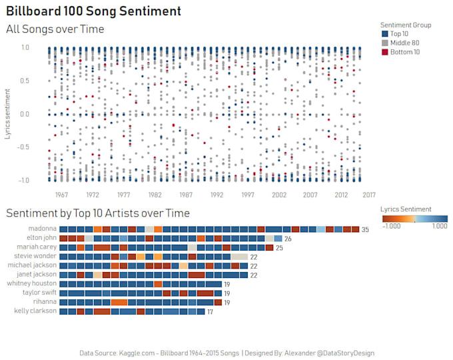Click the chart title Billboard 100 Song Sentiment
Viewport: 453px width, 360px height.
[x=93, y=11]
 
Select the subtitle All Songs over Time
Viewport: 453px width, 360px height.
[x=55, y=29]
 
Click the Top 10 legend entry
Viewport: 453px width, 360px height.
[x=399, y=34]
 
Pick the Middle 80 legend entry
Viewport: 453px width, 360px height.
[x=404, y=43]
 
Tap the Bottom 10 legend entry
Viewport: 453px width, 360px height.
[x=404, y=52]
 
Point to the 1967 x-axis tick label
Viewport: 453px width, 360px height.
[x=61, y=195]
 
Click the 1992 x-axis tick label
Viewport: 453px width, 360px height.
[x=217, y=195]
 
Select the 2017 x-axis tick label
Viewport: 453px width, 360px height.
[x=368, y=195]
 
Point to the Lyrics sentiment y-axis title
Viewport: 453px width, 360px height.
[x=8, y=113]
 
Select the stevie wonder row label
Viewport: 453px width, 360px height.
[x=37, y=256]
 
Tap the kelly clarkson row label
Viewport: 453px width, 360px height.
[x=36, y=311]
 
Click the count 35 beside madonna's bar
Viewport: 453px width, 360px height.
[x=365, y=229]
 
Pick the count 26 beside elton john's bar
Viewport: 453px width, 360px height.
[x=288, y=239]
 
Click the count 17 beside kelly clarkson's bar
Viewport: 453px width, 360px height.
[x=210, y=312]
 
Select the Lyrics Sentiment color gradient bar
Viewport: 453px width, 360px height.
[x=414, y=218]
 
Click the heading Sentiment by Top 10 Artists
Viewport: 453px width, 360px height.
[x=98, y=213]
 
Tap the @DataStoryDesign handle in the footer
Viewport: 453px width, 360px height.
[x=342, y=353]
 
